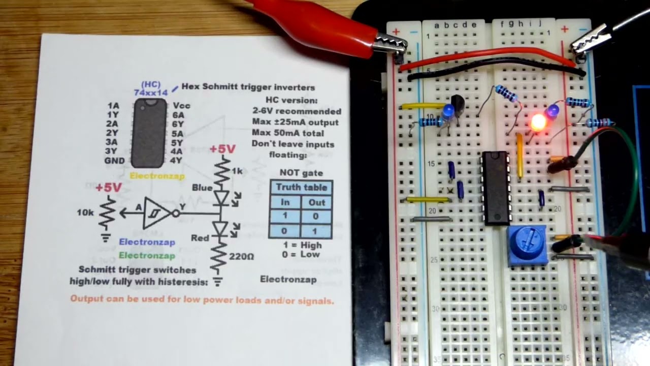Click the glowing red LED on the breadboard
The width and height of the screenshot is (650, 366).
pyautogui.click(x=538, y=123)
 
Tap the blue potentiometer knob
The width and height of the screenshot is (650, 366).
pyautogui.click(x=527, y=246)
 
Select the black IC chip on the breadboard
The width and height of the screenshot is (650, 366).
pyautogui.click(x=496, y=188)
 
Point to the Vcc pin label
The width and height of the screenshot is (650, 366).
pyautogui.click(x=182, y=105)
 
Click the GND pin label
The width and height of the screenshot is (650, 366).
pyautogui.click(x=115, y=161)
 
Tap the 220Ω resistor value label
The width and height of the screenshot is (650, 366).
pyautogui.click(x=241, y=257)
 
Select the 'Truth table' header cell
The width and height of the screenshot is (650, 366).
pyautogui.click(x=301, y=188)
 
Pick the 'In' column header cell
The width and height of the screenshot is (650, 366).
pyautogui.click(x=285, y=202)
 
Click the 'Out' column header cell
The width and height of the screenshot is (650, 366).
pyautogui.click(x=316, y=202)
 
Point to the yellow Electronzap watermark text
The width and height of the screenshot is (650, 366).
pyautogui.click(x=157, y=176)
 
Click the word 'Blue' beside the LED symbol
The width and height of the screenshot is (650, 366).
pyautogui.click(x=202, y=188)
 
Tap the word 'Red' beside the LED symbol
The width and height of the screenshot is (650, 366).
pyautogui.click(x=200, y=238)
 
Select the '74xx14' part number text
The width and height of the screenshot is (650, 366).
pyautogui.click(x=151, y=93)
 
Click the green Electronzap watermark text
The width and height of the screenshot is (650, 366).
pyautogui.click(x=147, y=256)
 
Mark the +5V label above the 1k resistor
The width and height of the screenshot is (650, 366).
pyautogui.click(x=222, y=149)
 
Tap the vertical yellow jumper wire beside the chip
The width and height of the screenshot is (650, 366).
pyautogui.click(x=519, y=155)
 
